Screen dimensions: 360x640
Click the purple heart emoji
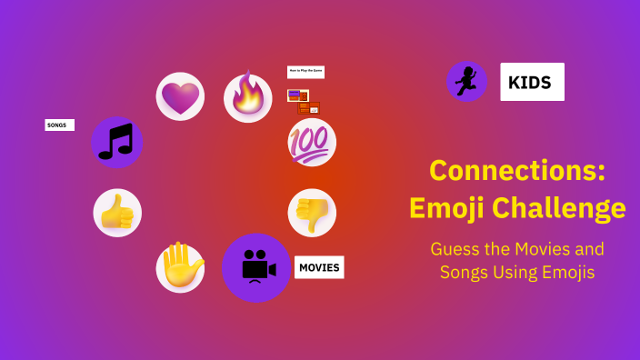pos(180,96)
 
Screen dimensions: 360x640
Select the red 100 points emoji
pos(312,143)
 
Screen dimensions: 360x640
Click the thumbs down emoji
pos(312,213)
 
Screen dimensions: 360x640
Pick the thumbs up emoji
pos(117,213)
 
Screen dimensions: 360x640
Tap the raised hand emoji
pos(180,268)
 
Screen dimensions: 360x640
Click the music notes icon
pos(117,142)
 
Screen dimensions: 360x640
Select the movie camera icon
pos(256,268)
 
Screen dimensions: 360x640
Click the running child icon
pos(466,82)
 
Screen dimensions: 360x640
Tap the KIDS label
pos(532,82)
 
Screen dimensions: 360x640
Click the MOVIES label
pos(319,267)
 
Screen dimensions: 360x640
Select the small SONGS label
pos(59,125)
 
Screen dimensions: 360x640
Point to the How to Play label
pos(305,71)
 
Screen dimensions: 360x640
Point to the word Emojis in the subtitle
pos(566,272)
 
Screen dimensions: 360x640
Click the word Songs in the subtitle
pos(466,272)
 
